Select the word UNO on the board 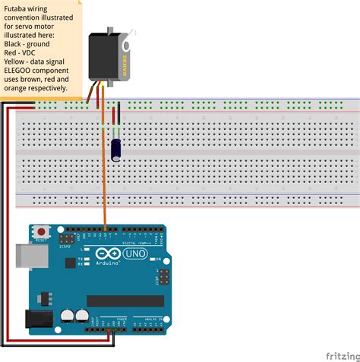(x=135, y=252)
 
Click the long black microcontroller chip (x=125, y=301)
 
